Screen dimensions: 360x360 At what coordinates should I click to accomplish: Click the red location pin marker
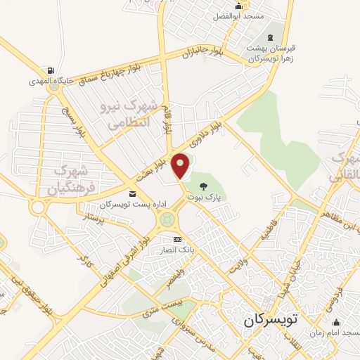coord(181,165)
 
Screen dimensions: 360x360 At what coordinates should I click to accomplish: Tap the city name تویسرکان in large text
coord(271,320)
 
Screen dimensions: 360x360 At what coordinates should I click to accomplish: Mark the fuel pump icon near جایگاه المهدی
coord(51,70)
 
